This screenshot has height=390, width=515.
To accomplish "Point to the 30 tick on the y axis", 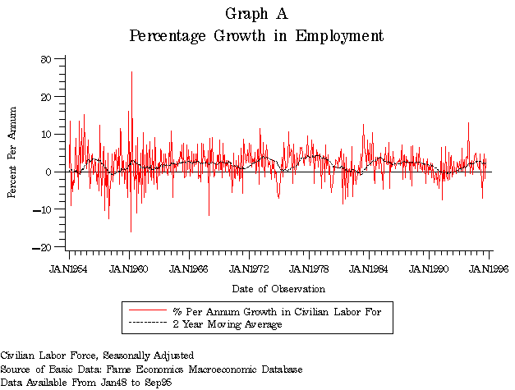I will coord(47,59).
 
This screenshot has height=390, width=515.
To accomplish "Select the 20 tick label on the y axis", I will coord(47,97).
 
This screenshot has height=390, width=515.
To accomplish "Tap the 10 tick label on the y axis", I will coord(47,134).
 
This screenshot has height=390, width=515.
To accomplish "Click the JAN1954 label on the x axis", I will coord(69,268).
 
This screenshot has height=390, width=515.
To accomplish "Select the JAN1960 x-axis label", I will coord(129,268).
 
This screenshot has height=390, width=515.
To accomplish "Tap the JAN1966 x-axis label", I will coord(190,268).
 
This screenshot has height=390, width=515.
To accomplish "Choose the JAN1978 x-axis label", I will coord(310,268).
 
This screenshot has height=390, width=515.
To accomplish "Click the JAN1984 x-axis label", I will coord(370,268).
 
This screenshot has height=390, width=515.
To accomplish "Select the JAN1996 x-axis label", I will coord(489,268).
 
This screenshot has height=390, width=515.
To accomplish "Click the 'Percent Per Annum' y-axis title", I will coord(12,153).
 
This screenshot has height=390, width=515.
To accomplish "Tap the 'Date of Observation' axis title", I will coord(278,289).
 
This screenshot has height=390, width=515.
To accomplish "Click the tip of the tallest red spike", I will coord(131,71).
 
